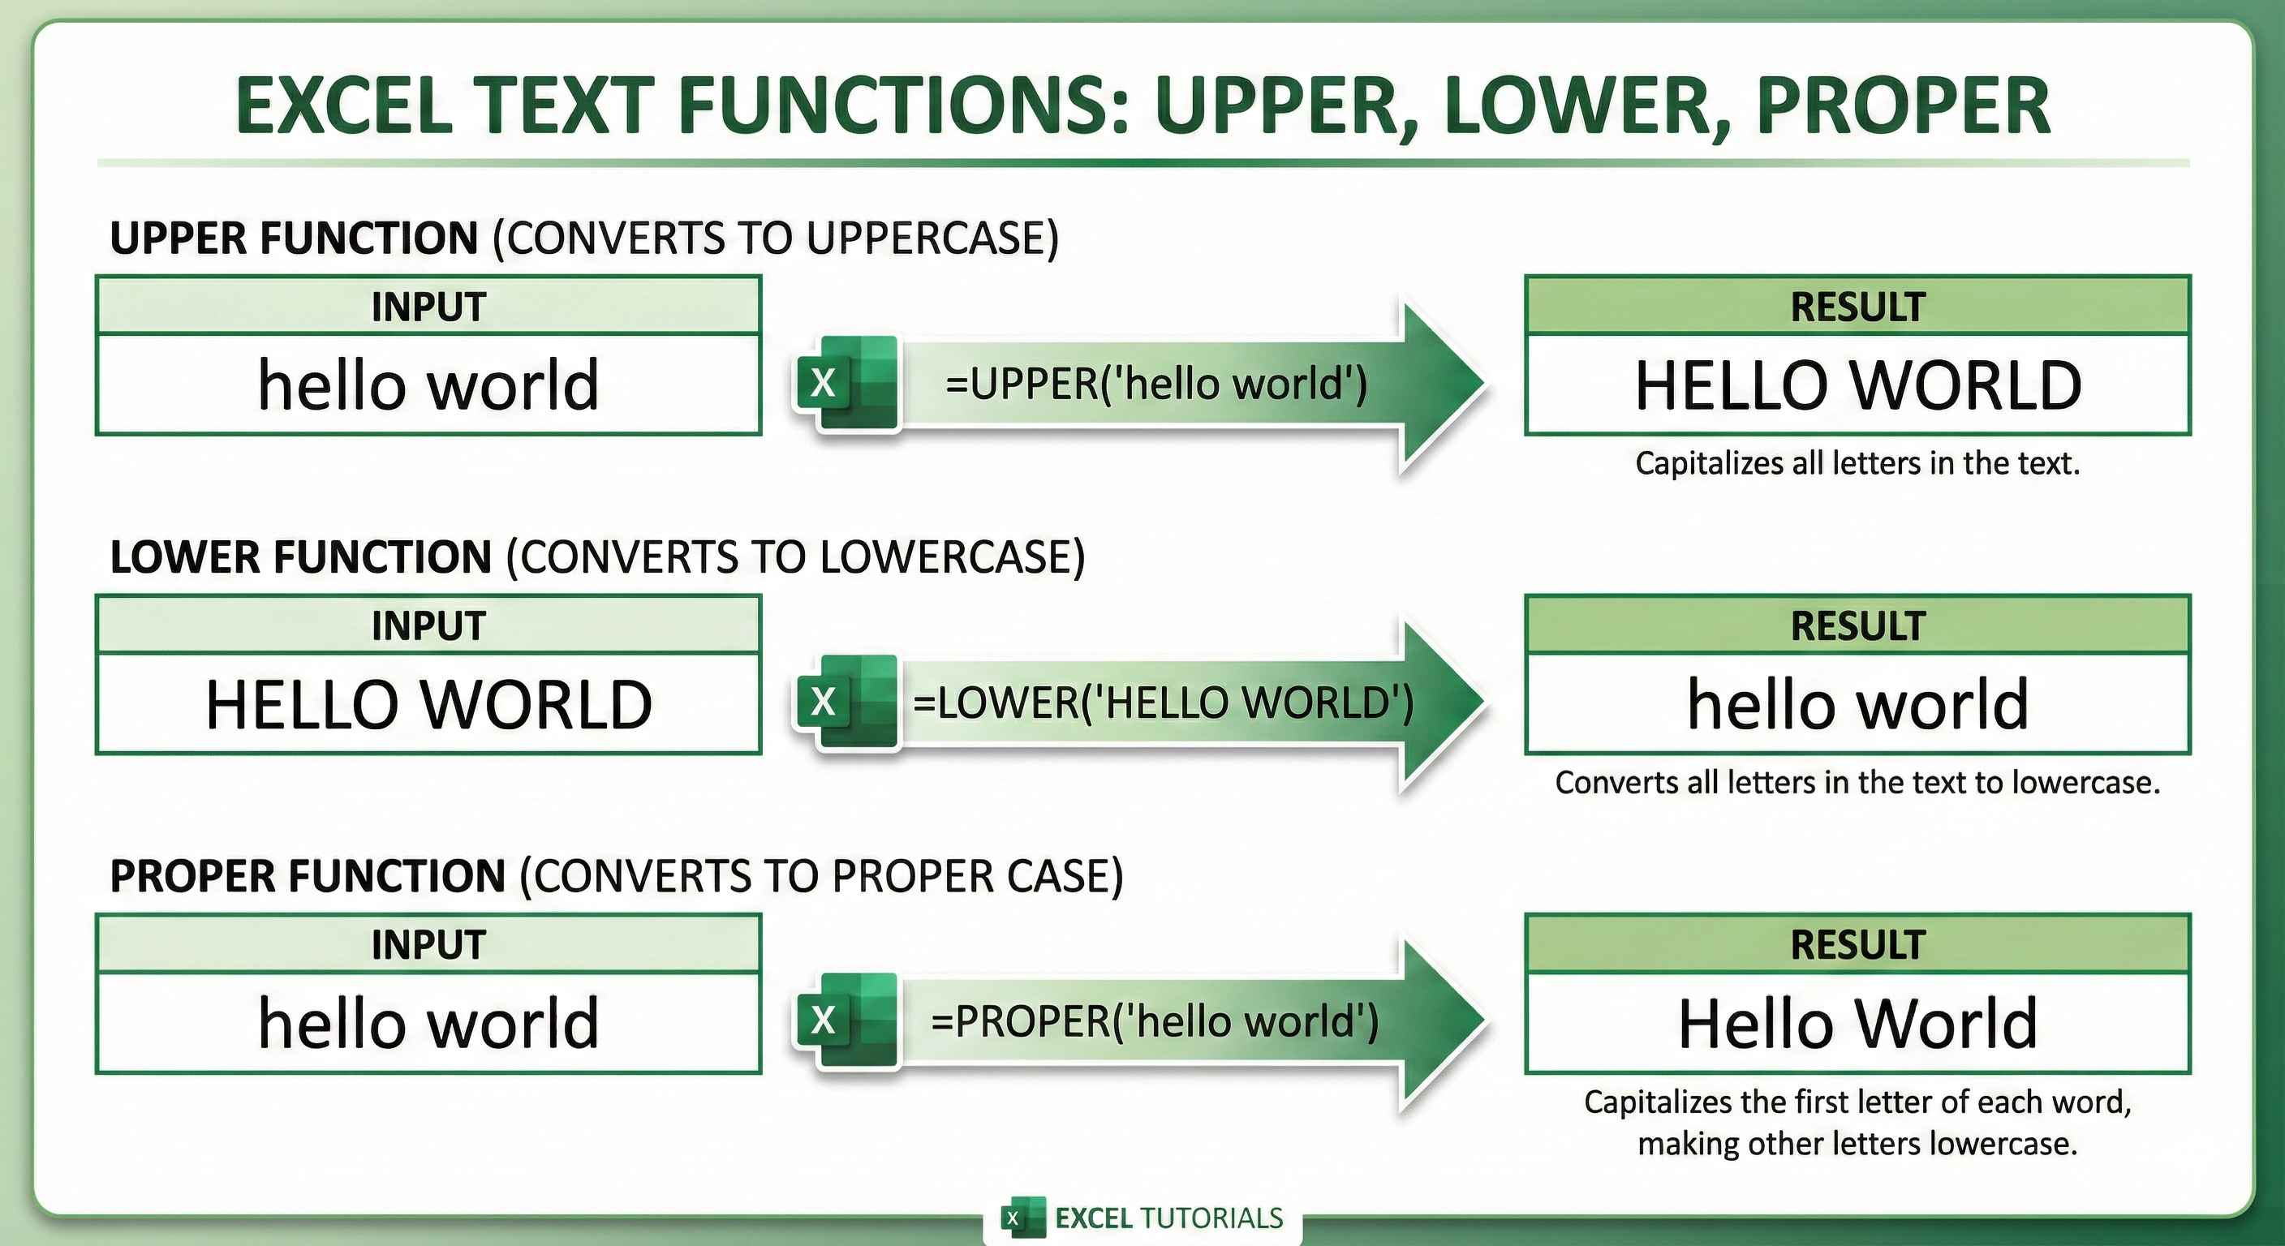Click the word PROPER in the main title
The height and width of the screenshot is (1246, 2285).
(1903, 105)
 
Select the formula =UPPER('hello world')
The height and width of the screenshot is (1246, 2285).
(1155, 384)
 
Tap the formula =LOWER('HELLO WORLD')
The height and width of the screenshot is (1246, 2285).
(1163, 702)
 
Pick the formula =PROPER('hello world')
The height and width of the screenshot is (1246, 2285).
(1154, 1020)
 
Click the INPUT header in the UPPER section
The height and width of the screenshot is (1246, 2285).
(428, 307)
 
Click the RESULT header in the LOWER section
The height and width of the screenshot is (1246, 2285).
(1857, 626)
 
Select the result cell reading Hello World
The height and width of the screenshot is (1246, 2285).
(1857, 1024)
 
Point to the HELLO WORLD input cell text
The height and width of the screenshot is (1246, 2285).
(428, 705)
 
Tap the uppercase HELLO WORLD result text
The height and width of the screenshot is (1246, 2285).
(1857, 386)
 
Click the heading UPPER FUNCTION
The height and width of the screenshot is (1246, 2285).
(294, 238)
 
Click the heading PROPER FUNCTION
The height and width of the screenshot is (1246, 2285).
(307, 876)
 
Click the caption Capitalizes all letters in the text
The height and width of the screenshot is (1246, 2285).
(1857, 463)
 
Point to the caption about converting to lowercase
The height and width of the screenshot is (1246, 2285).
(1857, 782)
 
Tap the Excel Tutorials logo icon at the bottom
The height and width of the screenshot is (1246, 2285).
(1021, 1218)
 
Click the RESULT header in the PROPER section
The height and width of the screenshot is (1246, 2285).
(1857, 944)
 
